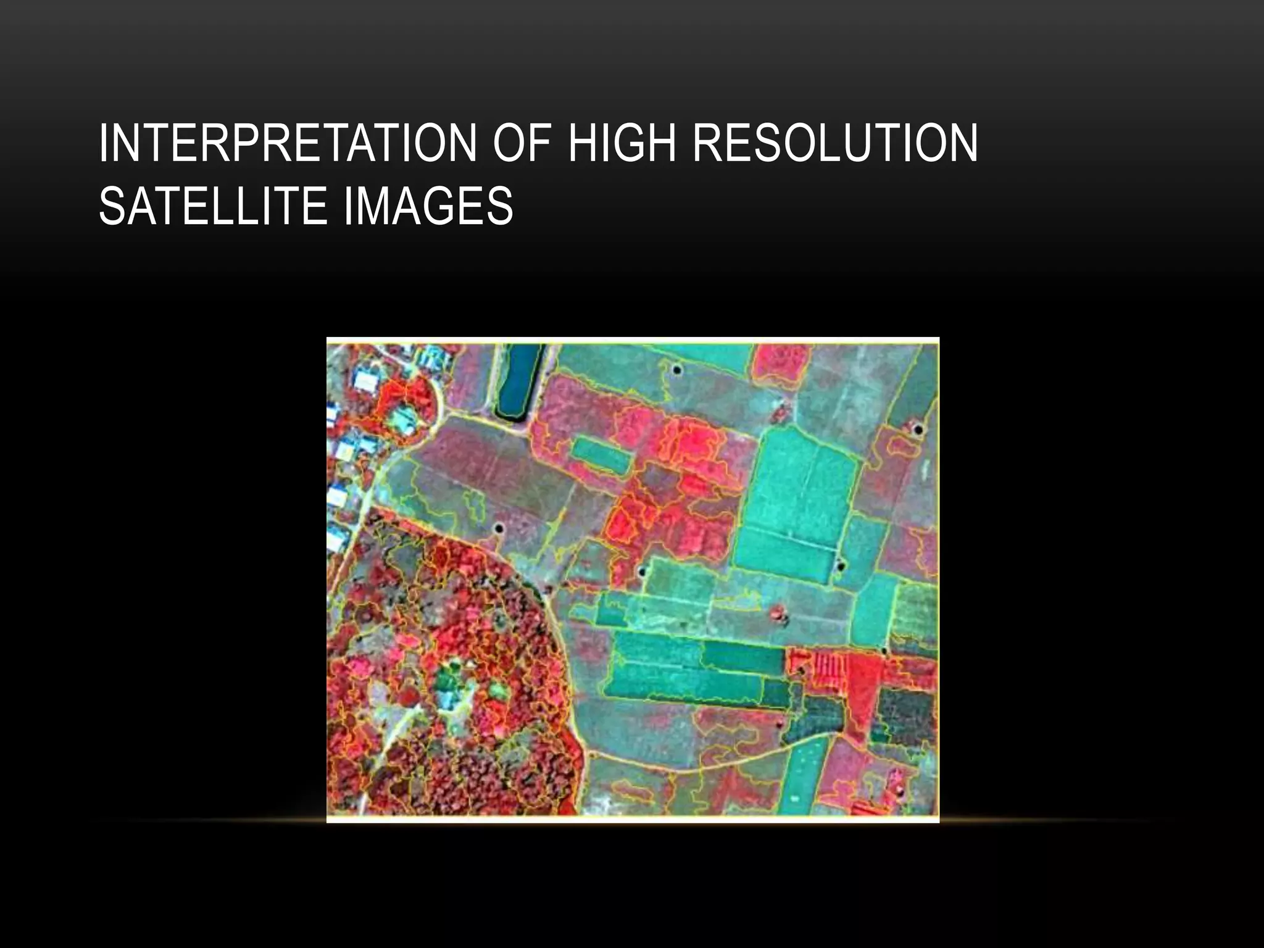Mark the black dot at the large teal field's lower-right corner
coord(839,565)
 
